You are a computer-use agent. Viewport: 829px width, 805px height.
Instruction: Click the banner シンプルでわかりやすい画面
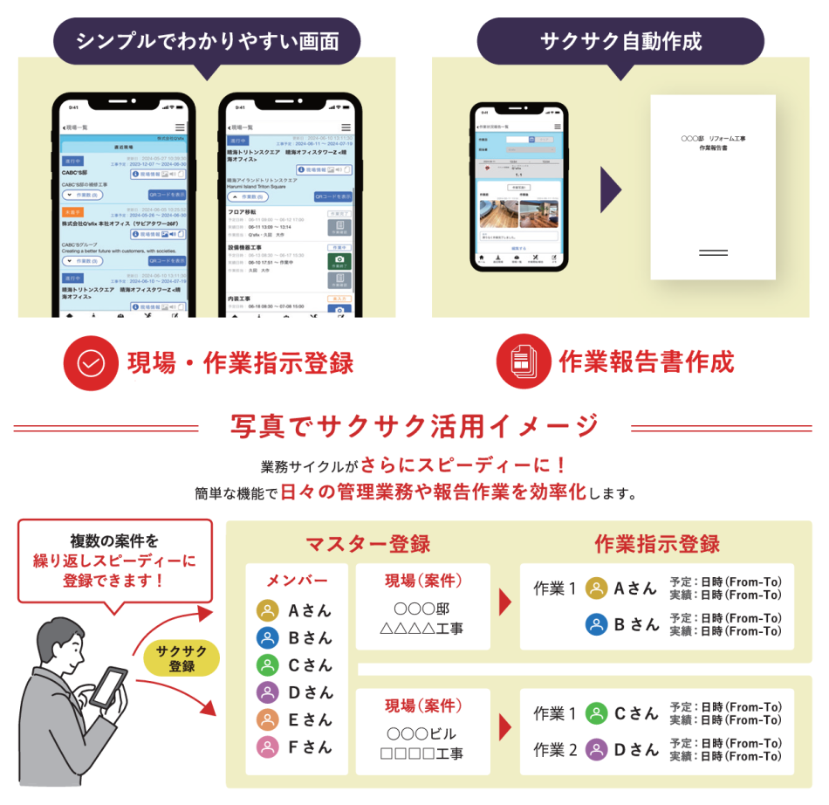(206, 41)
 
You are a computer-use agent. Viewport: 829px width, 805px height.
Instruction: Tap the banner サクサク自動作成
(620, 41)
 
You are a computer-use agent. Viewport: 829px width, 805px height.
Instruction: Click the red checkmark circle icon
(91, 362)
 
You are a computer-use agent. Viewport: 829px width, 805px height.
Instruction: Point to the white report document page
(713, 187)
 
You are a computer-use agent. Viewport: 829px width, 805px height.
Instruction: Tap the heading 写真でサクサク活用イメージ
(414, 426)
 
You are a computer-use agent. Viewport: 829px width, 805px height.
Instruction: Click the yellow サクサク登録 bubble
(182, 657)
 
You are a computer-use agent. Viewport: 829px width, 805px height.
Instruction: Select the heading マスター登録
(367, 544)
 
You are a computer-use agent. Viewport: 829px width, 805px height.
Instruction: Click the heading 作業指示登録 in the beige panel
(657, 543)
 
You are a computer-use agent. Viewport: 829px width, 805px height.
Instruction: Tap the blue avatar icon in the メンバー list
(268, 637)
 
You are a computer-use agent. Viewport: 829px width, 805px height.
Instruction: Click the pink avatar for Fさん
(268, 747)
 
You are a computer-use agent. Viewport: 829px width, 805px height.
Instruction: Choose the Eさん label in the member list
(311, 719)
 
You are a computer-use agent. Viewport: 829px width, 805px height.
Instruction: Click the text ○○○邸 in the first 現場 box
(421, 609)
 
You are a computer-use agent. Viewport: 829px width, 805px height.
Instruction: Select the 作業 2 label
(555, 749)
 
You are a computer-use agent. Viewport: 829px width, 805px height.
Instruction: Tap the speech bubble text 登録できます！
(114, 579)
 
